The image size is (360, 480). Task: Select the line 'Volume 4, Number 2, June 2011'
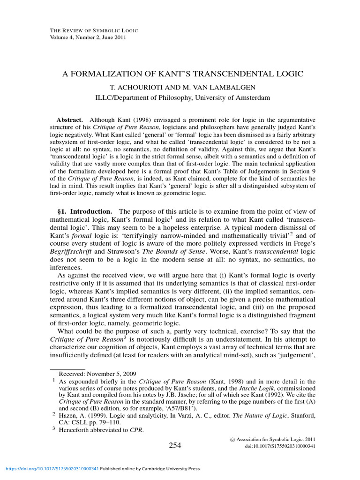click(88, 37)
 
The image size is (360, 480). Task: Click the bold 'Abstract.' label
click(70, 120)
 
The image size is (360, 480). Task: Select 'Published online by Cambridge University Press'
click(150, 468)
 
